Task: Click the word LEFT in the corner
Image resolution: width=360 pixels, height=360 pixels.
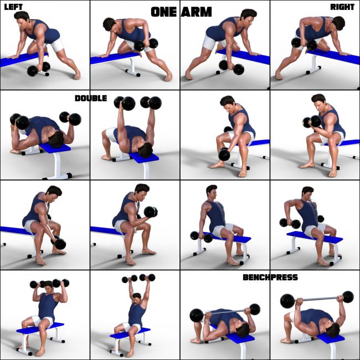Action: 13,7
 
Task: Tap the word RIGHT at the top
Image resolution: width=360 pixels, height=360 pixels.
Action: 342,7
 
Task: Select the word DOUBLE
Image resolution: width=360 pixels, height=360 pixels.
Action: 91,98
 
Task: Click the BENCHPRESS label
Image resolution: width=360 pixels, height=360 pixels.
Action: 270,277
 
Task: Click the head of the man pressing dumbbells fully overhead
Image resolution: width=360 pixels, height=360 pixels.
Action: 136,291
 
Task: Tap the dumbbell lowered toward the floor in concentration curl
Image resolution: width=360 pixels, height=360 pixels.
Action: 224,154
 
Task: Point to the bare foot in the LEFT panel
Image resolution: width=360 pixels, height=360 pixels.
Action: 76,74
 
